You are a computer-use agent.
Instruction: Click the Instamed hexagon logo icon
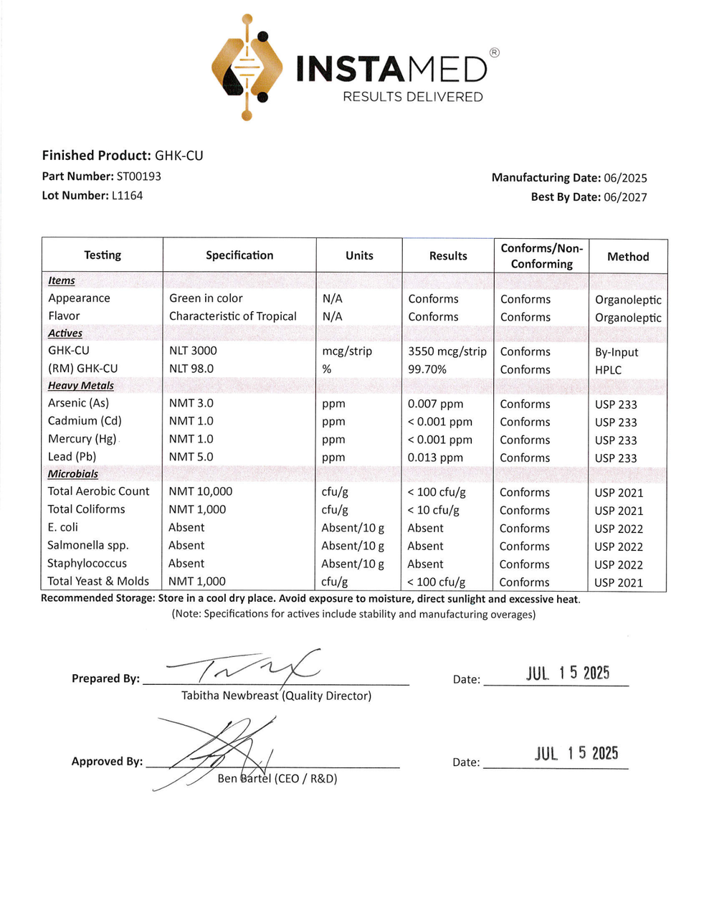(247, 67)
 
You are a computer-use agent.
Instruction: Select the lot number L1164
(127, 195)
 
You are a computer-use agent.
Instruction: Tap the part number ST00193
(138, 176)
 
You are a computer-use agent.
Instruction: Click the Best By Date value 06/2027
(625, 197)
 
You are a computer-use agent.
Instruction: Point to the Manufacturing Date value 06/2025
(625, 178)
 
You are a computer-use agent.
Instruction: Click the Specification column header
(239, 255)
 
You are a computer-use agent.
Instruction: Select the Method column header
(628, 257)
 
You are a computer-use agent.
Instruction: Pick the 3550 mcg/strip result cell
(447, 351)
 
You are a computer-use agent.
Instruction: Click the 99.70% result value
(427, 369)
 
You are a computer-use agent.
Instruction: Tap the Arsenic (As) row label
(79, 403)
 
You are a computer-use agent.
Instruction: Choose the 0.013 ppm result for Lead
(436, 458)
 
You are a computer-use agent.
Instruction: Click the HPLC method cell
(609, 370)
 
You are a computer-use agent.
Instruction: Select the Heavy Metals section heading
(81, 386)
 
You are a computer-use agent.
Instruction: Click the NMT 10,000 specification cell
(201, 491)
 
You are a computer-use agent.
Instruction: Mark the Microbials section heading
(73, 474)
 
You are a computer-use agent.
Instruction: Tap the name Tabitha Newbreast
(229, 696)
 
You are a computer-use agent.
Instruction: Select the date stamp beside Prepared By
(568, 673)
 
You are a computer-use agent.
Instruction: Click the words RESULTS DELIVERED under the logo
(413, 97)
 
